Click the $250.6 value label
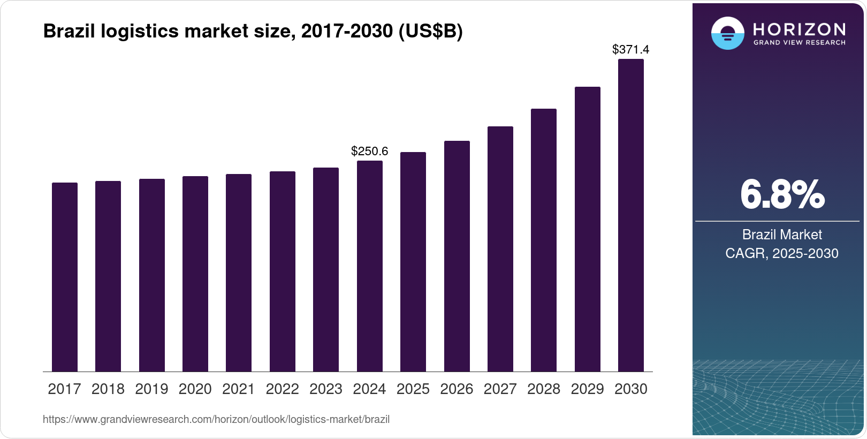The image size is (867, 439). click(x=369, y=151)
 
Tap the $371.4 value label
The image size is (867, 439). click(x=630, y=49)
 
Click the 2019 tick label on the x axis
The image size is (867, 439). click(x=151, y=389)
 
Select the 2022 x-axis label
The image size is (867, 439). click(x=282, y=389)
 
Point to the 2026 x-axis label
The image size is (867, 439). click(x=457, y=389)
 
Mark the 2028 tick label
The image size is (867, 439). click(x=544, y=389)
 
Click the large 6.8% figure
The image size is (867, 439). click(x=782, y=195)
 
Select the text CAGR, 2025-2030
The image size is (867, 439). click(x=782, y=253)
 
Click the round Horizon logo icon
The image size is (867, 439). click(x=727, y=33)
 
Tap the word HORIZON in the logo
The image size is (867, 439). click(x=800, y=29)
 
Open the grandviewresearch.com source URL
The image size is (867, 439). click(x=216, y=419)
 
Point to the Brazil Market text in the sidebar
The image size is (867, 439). click(x=782, y=234)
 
